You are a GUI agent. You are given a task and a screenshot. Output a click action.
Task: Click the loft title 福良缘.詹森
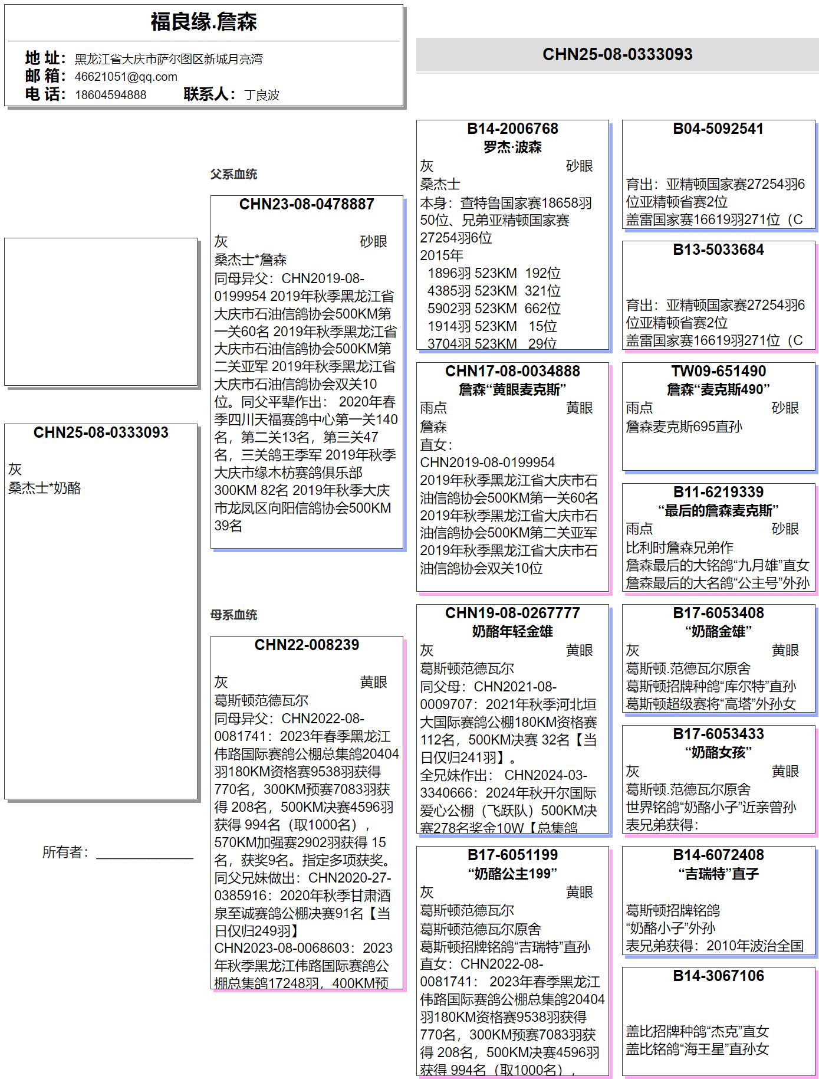click(x=203, y=22)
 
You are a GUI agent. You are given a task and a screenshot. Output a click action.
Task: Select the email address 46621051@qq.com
click(x=126, y=77)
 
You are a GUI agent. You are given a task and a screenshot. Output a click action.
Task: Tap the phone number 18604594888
click(x=110, y=95)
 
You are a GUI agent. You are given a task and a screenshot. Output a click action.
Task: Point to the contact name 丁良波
click(x=262, y=95)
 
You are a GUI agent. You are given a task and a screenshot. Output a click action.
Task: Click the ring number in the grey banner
click(x=617, y=54)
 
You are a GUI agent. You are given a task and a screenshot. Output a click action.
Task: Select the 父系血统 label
click(x=233, y=174)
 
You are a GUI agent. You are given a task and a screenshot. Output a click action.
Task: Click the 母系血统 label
click(x=233, y=615)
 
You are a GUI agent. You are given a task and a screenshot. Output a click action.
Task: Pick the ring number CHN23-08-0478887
click(x=307, y=204)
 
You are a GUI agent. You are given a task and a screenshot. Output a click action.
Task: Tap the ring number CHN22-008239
click(x=307, y=645)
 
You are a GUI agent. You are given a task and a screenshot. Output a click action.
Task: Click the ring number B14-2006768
click(x=512, y=129)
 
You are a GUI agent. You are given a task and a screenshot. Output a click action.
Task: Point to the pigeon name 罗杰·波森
click(x=512, y=147)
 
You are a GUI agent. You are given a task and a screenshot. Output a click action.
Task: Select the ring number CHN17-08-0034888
click(x=512, y=371)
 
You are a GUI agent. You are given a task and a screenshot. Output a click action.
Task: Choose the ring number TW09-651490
click(x=718, y=371)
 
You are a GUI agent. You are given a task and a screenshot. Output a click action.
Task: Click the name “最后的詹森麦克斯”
click(x=718, y=510)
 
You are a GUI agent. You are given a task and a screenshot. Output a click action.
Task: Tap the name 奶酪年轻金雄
click(x=512, y=631)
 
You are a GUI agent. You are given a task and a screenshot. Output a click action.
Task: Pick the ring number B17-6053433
click(x=718, y=734)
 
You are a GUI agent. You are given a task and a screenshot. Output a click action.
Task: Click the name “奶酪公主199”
click(x=512, y=873)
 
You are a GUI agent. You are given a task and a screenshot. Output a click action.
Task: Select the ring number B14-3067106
click(x=718, y=976)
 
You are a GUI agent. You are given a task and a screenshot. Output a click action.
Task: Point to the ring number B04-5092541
click(x=718, y=129)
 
